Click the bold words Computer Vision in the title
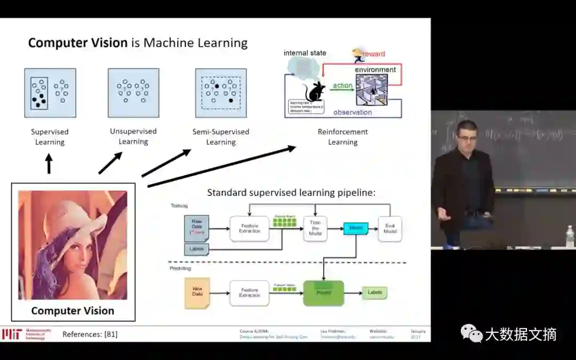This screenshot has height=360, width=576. click(77, 43)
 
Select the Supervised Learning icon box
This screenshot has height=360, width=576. click(50, 93)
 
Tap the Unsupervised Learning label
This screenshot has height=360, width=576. click(133, 136)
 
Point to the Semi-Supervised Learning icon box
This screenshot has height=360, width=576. click(221, 93)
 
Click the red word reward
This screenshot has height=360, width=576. click(375, 54)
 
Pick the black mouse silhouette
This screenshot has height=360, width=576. click(314, 91)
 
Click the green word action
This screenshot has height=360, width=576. click(342, 85)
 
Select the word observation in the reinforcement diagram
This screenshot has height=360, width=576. click(353, 113)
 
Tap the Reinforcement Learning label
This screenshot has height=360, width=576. click(342, 137)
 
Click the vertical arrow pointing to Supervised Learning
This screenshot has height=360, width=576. click(49, 164)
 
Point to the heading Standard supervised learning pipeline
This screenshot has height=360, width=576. click(291, 193)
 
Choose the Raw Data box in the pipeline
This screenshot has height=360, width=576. click(196, 228)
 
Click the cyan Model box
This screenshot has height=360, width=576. click(356, 229)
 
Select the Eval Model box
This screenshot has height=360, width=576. click(390, 229)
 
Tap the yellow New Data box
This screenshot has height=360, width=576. click(197, 293)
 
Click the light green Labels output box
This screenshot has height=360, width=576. click(374, 293)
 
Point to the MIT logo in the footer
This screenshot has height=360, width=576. click(11, 334)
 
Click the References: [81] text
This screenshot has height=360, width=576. click(90, 334)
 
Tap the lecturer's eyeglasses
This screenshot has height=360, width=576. click(467, 138)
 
